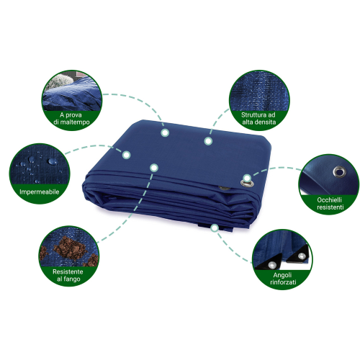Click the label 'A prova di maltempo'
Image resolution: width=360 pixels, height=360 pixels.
click(x=71, y=119)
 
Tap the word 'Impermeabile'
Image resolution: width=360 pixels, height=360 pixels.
click(x=40, y=192)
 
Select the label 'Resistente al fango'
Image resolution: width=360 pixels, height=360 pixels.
click(x=68, y=275)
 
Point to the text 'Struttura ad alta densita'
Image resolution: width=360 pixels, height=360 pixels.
click(x=258, y=119)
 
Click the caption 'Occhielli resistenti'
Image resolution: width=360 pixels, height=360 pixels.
click(x=330, y=204)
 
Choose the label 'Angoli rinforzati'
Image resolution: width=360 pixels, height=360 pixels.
click(x=283, y=279)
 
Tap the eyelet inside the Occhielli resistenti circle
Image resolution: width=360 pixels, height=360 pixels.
click(x=338, y=171)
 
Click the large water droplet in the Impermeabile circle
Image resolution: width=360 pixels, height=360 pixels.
click(x=53, y=161)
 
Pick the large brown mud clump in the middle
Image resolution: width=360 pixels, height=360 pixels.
click(x=70, y=248)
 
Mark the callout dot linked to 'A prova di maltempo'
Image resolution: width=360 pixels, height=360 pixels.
click(x=165, y=132)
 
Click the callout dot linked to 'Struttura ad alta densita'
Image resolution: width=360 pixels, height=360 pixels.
click(x=208, y=141)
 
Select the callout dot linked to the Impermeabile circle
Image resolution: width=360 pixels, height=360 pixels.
click(x=126, y=155)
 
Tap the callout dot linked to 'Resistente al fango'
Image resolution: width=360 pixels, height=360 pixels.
click(x=154, y=168)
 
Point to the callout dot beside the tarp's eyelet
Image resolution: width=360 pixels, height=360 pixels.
click(x=247, y=178)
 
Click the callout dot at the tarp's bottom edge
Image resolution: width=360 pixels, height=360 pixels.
click(x=215, y=228)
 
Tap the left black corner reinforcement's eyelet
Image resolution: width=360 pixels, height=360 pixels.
click(x=271, y=265)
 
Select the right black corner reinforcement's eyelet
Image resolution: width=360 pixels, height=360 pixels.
click(x=302, y=256)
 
